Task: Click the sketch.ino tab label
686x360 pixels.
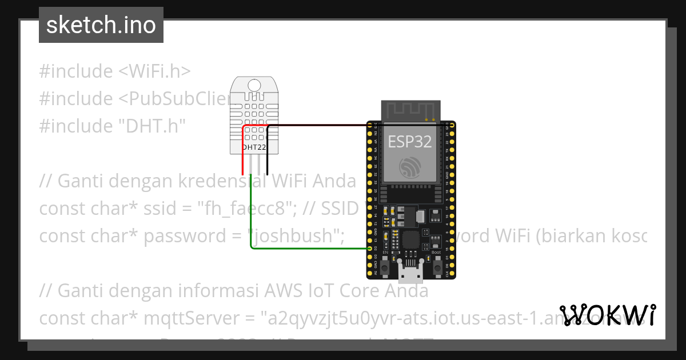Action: pos(101,25)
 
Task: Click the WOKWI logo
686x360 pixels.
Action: pos(607,315)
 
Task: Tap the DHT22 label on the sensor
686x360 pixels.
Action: pos(254,147)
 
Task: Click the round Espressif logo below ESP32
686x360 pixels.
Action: pos(410,166)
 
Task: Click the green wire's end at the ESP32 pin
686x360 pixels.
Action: pos(369,249)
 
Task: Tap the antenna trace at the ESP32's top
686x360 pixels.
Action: pos(411,109)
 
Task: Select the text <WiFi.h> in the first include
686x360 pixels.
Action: pos(154,71)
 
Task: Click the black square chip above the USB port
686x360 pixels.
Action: pos(410,241)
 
